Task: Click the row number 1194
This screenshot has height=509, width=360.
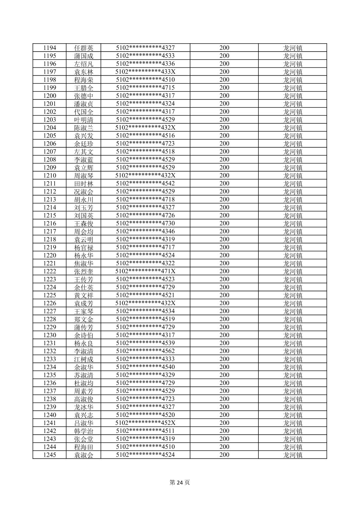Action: [x=50, y=48]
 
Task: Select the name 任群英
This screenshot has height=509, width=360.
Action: [x=83, y=48]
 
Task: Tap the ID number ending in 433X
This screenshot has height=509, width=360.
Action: [x=145, y=72]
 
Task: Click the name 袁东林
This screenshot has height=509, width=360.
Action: [x=83, y=72]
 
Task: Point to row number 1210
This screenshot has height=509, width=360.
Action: [x=50, y=175]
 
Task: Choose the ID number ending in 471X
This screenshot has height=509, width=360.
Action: [x=145, y=271]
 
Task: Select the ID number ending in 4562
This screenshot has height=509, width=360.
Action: [x=145, y=351]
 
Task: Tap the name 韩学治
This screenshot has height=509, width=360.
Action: [x=83, y=431]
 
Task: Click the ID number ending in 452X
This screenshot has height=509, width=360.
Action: [x=145, y=423]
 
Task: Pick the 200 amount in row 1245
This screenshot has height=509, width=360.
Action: [x=224, y=455]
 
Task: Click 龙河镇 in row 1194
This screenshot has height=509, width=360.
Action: [x=293, y=48]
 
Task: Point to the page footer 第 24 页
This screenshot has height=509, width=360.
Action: [x=180, y=483]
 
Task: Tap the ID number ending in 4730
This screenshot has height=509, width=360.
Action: [x=145, y=223]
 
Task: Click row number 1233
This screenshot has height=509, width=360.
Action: [x=50, y=359]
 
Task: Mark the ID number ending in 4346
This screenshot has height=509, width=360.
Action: [x=145, y=231]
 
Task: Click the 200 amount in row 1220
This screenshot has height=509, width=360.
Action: [x=224, y=255]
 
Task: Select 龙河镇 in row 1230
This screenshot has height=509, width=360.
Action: [x=293, y=335]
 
